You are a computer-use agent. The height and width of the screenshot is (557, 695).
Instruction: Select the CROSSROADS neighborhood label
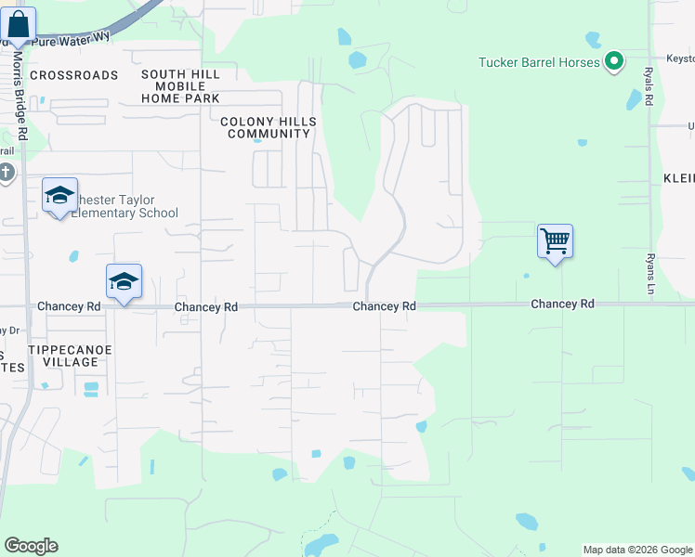point(74,74)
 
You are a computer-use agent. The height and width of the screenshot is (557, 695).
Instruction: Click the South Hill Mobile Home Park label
point(181,85)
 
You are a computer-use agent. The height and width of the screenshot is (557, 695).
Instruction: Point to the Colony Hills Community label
point(269,127)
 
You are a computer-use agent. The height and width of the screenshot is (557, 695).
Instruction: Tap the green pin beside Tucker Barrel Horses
point(613,62)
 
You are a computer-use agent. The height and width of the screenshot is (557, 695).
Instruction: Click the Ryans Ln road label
point(650,275)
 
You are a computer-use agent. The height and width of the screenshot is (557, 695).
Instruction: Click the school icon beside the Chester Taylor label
point(59,195)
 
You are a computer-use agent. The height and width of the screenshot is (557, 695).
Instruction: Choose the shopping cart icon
point(555,241)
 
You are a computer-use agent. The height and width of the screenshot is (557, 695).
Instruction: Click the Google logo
point(31,546)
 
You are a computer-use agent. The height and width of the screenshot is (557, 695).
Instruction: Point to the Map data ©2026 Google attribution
point(637,550)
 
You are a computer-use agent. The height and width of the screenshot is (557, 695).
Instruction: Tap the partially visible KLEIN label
point(678,177)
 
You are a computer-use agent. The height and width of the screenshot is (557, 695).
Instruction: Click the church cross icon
point(6,173)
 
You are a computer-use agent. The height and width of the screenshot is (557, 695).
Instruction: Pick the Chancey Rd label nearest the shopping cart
point(562,304)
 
